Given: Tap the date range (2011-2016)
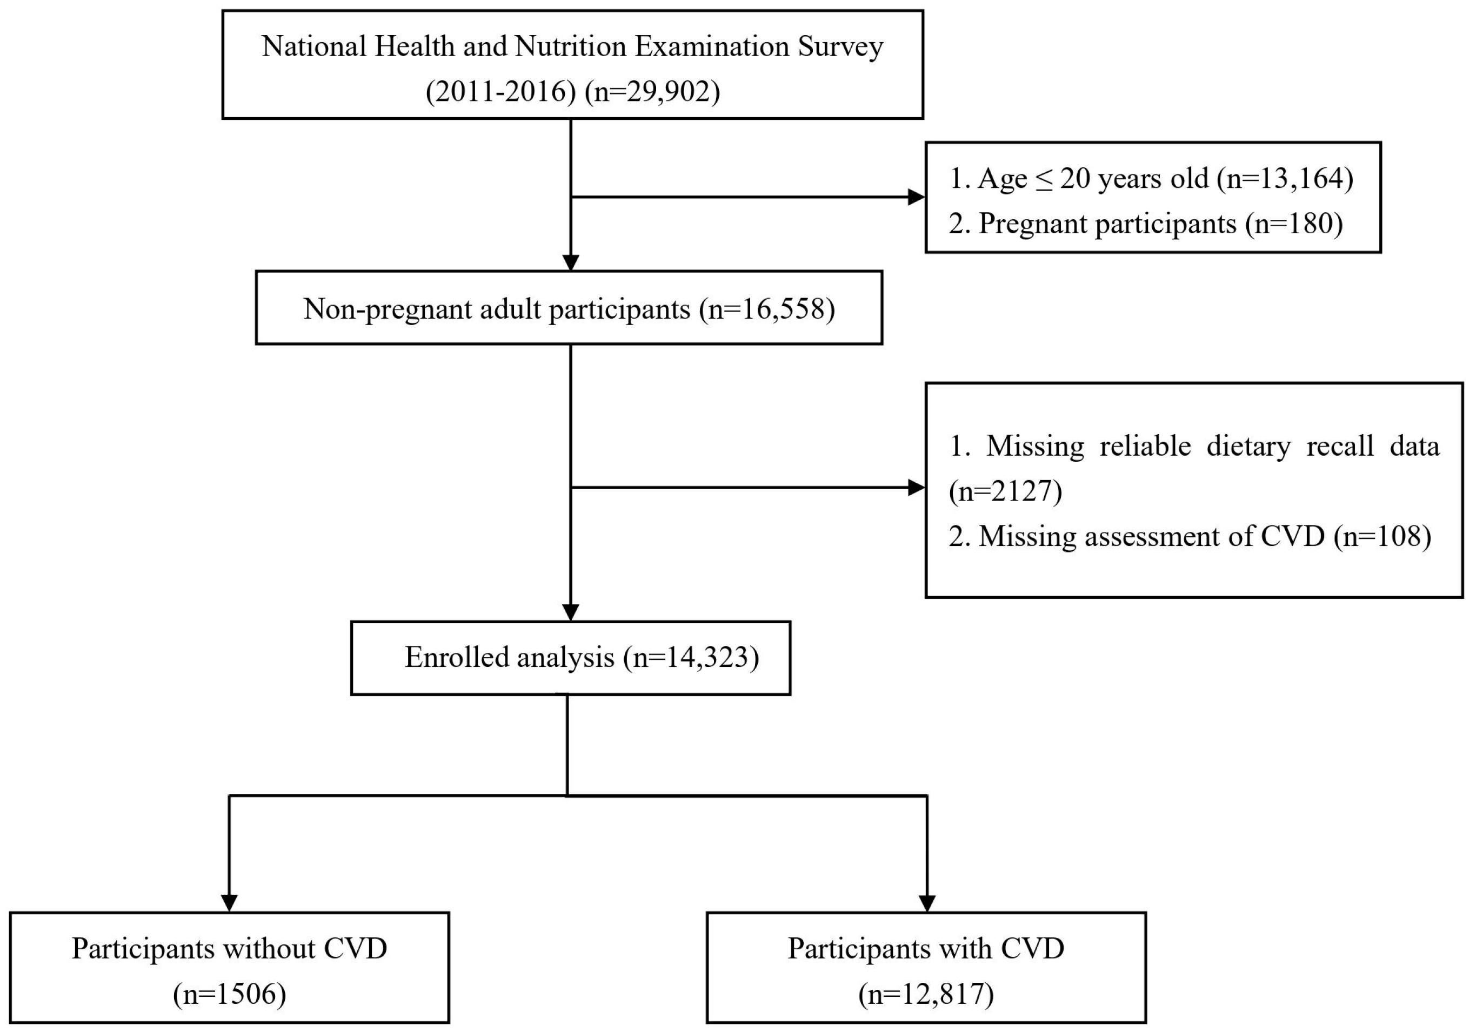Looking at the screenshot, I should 501,92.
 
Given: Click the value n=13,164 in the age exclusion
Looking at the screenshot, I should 1286,179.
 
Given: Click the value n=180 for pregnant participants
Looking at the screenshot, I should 1294,224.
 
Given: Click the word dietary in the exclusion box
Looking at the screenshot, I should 1248,446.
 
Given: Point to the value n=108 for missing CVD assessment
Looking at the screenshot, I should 1382,536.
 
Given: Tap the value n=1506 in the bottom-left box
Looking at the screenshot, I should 230,995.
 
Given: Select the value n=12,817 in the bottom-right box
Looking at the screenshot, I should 926,995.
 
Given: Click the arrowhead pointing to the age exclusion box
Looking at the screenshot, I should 916,197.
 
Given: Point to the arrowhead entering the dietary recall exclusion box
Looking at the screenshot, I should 916,488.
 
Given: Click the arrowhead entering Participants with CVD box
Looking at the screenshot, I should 927,903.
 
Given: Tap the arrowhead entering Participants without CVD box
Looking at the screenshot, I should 230,903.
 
